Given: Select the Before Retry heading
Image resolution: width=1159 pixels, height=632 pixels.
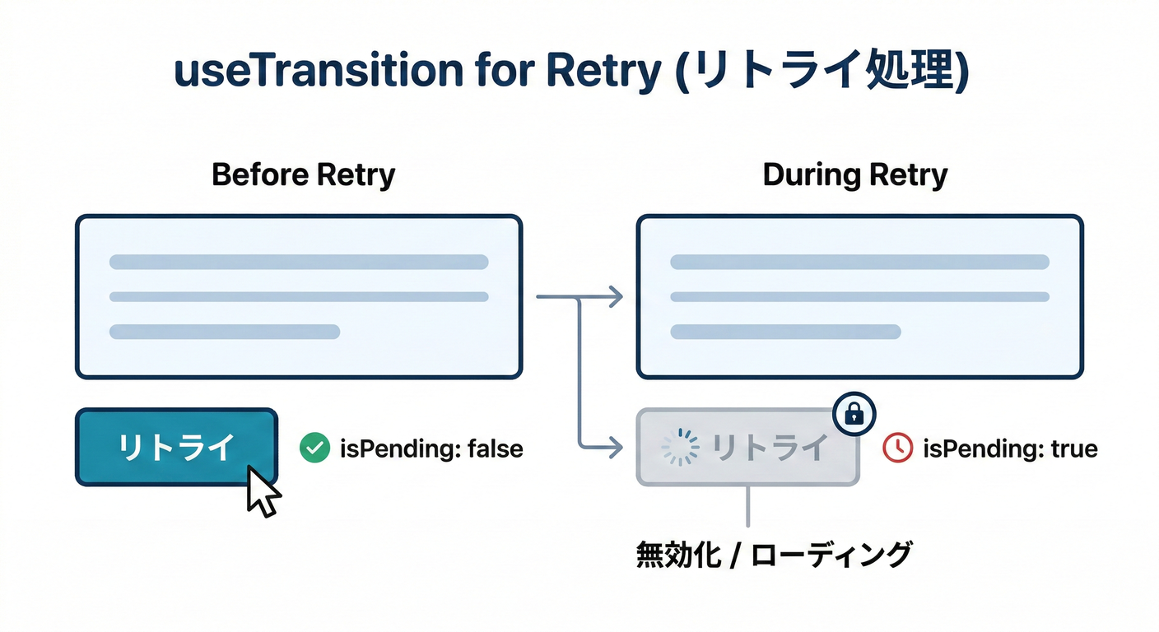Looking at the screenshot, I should [x=303, y=175].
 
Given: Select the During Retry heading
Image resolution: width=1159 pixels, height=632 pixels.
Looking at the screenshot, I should [x=855, y=175].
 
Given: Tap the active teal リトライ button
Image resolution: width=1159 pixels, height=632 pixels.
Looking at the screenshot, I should [x=176, y=447].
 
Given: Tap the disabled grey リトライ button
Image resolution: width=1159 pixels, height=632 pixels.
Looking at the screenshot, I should [x=747, y=448].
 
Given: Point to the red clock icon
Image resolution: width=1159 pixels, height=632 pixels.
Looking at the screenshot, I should [x=897, y=448].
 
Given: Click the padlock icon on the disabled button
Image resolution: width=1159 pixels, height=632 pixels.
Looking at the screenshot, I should [x=854, y=414].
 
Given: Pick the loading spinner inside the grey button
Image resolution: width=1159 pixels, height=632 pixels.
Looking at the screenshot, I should [x=680, y=448].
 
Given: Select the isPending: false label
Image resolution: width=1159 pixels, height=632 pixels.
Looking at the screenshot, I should [x=431, y=449].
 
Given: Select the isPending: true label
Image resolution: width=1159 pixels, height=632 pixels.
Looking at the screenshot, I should [x=1010, y=449].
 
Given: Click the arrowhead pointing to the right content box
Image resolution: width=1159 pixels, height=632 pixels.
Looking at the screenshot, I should [x=613, y=296].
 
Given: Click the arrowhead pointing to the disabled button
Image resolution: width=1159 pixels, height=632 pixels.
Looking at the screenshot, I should [x=613, y=448].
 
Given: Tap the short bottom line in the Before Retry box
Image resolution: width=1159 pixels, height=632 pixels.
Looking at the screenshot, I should [x=225, y=332].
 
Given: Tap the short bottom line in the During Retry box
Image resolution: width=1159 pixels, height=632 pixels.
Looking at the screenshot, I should [x=786, y=332].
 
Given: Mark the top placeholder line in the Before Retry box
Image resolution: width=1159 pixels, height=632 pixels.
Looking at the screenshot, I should [x=299, y=263].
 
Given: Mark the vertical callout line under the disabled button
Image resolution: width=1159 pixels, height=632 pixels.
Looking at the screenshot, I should [x=747, y=506].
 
